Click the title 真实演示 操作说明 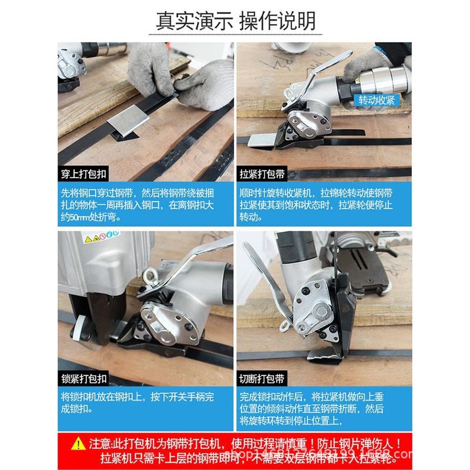pos(235,20)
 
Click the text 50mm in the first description pos(80,217)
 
